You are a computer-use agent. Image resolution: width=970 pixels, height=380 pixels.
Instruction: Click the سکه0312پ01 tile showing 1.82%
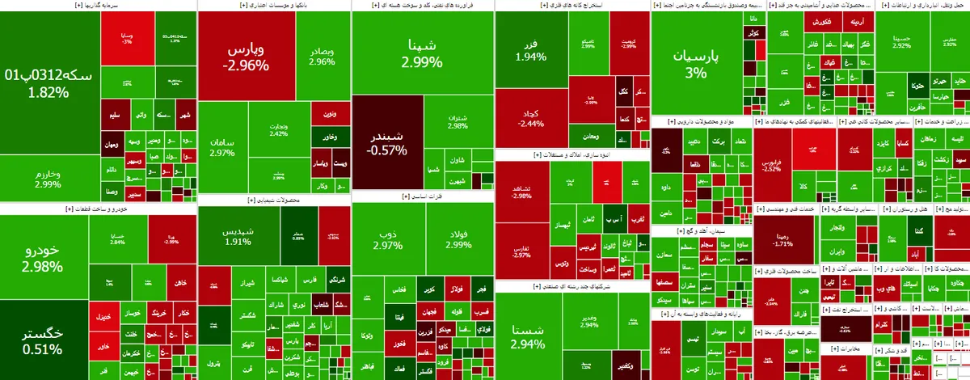point(48,81)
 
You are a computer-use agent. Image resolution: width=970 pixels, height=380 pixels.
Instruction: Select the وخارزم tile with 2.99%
point(48,179)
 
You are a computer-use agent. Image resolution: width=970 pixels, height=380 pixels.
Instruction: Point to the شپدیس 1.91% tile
point(238,235)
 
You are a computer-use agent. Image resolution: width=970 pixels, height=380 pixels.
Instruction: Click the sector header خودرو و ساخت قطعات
point(97,209)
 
